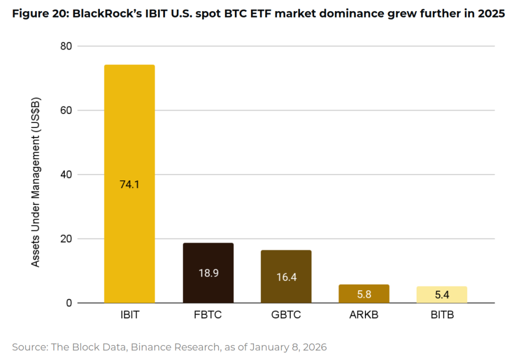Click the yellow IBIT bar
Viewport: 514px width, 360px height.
point(129,126)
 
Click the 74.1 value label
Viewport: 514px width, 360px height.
point(129,184)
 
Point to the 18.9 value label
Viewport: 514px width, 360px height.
point(208,274)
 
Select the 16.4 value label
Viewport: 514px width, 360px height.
point(286,277)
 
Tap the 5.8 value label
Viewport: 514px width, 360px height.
point(364,295)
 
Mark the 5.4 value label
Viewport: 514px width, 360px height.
point(442,295)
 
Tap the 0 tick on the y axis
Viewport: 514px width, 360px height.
point(69,303)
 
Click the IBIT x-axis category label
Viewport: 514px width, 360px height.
point(129,316)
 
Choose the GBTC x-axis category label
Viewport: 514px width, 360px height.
point(286,316)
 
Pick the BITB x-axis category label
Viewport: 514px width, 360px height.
point(442,316)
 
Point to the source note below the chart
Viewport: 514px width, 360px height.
point(169,347)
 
